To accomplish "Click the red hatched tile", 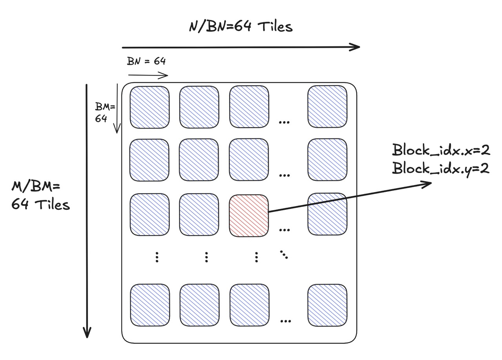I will (249, 216).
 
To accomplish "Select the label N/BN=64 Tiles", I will (240, 27).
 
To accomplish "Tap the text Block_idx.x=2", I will (441, 150).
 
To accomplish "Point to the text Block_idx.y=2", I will (441, 169).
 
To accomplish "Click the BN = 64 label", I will (146, 62).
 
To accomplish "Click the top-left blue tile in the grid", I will (149, 107).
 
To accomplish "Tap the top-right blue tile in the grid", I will (327, 107).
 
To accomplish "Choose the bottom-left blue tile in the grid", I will (149, 305).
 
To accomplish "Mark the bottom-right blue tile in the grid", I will (327, 305).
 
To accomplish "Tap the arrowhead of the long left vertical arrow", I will (87, 333).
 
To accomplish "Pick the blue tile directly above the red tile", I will (249, 160).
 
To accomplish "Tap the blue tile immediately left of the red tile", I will (199, 216).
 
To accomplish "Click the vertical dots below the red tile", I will (256, 257).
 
